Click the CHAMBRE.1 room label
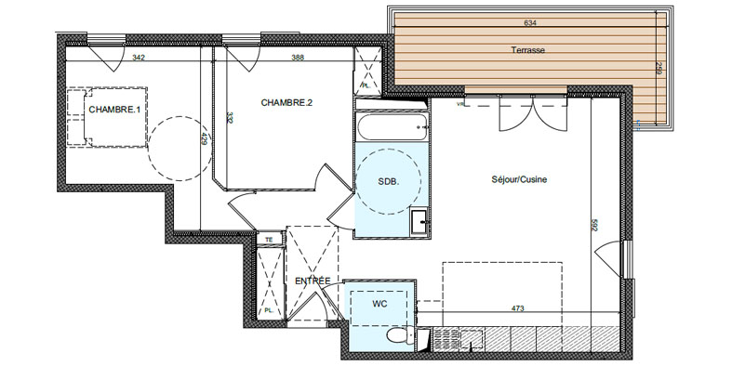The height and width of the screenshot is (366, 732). point(114,110)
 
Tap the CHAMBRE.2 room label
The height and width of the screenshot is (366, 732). point(286,102)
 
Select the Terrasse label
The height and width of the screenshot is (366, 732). point(528,50)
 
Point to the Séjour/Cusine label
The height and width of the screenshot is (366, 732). point(519,179)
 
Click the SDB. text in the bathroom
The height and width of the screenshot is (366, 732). point(389,182)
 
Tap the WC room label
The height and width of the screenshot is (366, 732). point(379,304)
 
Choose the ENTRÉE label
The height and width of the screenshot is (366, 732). point(313,281)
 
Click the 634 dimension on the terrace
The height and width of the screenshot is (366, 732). point(530,23)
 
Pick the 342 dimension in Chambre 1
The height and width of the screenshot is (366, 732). point(139,58)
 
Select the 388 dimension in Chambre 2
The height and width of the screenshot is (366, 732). point(298,58)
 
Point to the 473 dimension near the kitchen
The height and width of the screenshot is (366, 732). point(518,308)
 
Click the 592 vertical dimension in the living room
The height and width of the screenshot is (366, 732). point(594,225)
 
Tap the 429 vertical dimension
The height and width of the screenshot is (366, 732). point(204,139)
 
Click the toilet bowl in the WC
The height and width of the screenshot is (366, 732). point(401,335)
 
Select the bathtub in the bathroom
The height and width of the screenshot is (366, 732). point(392,127)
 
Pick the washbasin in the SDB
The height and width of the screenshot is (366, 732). point(419,222)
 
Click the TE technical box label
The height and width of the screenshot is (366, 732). point(269,240)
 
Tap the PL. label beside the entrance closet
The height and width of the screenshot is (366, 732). point(269,310)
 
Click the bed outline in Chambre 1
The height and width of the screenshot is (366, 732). point(107,117)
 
